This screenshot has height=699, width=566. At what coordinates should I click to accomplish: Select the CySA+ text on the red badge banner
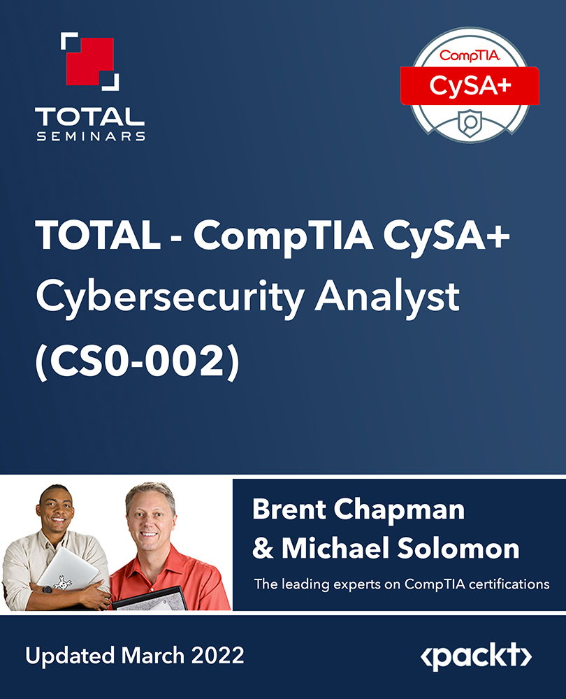pyautogui.click(x=469, y=85)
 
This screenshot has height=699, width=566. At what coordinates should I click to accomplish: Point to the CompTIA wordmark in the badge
pyautogui.click(x=468, y=55)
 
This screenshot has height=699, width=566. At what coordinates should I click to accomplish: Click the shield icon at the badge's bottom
pyautogui.click(x=470, y=120)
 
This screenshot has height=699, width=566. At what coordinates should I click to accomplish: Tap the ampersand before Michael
pyautogui.click(x=263, y=549)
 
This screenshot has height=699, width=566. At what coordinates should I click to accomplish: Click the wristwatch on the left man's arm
pyautogui.click(x=47, y=589)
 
